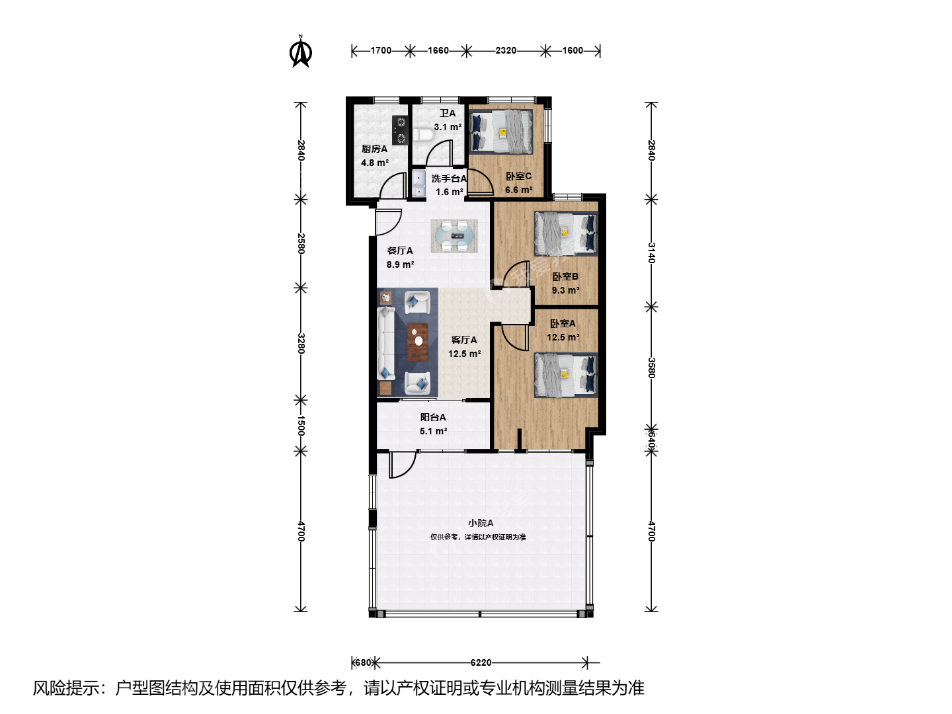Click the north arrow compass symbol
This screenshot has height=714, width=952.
click(301, 52)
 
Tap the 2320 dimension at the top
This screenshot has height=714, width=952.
click(506, 51)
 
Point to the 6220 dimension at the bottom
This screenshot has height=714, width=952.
click(481, 662)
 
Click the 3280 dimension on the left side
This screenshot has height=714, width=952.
click(301, 343)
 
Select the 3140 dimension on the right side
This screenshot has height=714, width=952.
click(651, 253)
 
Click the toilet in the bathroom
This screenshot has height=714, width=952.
click(422, 136)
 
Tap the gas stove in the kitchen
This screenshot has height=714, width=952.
click(400, 130)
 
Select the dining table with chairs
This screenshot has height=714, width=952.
click(454, 235)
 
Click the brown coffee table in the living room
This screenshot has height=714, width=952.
click(418, 342)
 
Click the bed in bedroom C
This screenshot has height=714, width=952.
click(501, 132)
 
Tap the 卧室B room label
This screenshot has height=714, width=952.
click(565, 276)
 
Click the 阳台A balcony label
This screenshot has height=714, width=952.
click(433, 417)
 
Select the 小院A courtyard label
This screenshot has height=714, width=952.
click(481, 523)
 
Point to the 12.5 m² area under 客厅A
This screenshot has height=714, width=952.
click(465, 354)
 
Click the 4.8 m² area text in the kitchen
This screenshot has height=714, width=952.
click(375, 163)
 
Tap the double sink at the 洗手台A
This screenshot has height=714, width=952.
click(418, 184)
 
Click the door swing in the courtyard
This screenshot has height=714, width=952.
click(403, 465)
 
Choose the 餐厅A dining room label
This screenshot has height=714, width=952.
click(400, 251)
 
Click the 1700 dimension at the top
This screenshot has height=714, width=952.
click(381, 51)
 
